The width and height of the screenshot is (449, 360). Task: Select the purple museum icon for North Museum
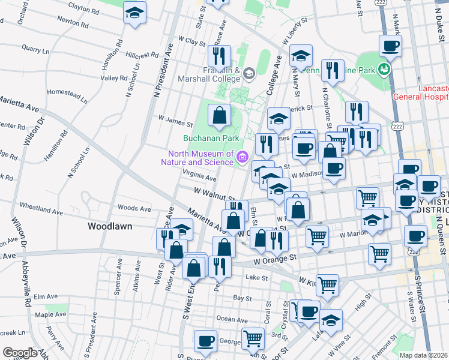pos(243,157)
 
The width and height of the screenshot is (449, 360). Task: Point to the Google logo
pos(19,353)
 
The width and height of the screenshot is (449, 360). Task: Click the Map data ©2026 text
pos(423,355)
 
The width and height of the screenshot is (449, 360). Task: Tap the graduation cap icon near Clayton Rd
pos(134,13)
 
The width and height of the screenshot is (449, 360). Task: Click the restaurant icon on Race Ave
pos(220,56)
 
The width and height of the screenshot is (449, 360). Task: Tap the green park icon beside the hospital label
pos(384,70)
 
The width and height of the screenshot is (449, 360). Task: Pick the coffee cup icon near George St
pos(205,340)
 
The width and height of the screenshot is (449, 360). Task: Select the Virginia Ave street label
pos(199,178)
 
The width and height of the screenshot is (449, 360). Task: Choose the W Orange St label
pos(275,260)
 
